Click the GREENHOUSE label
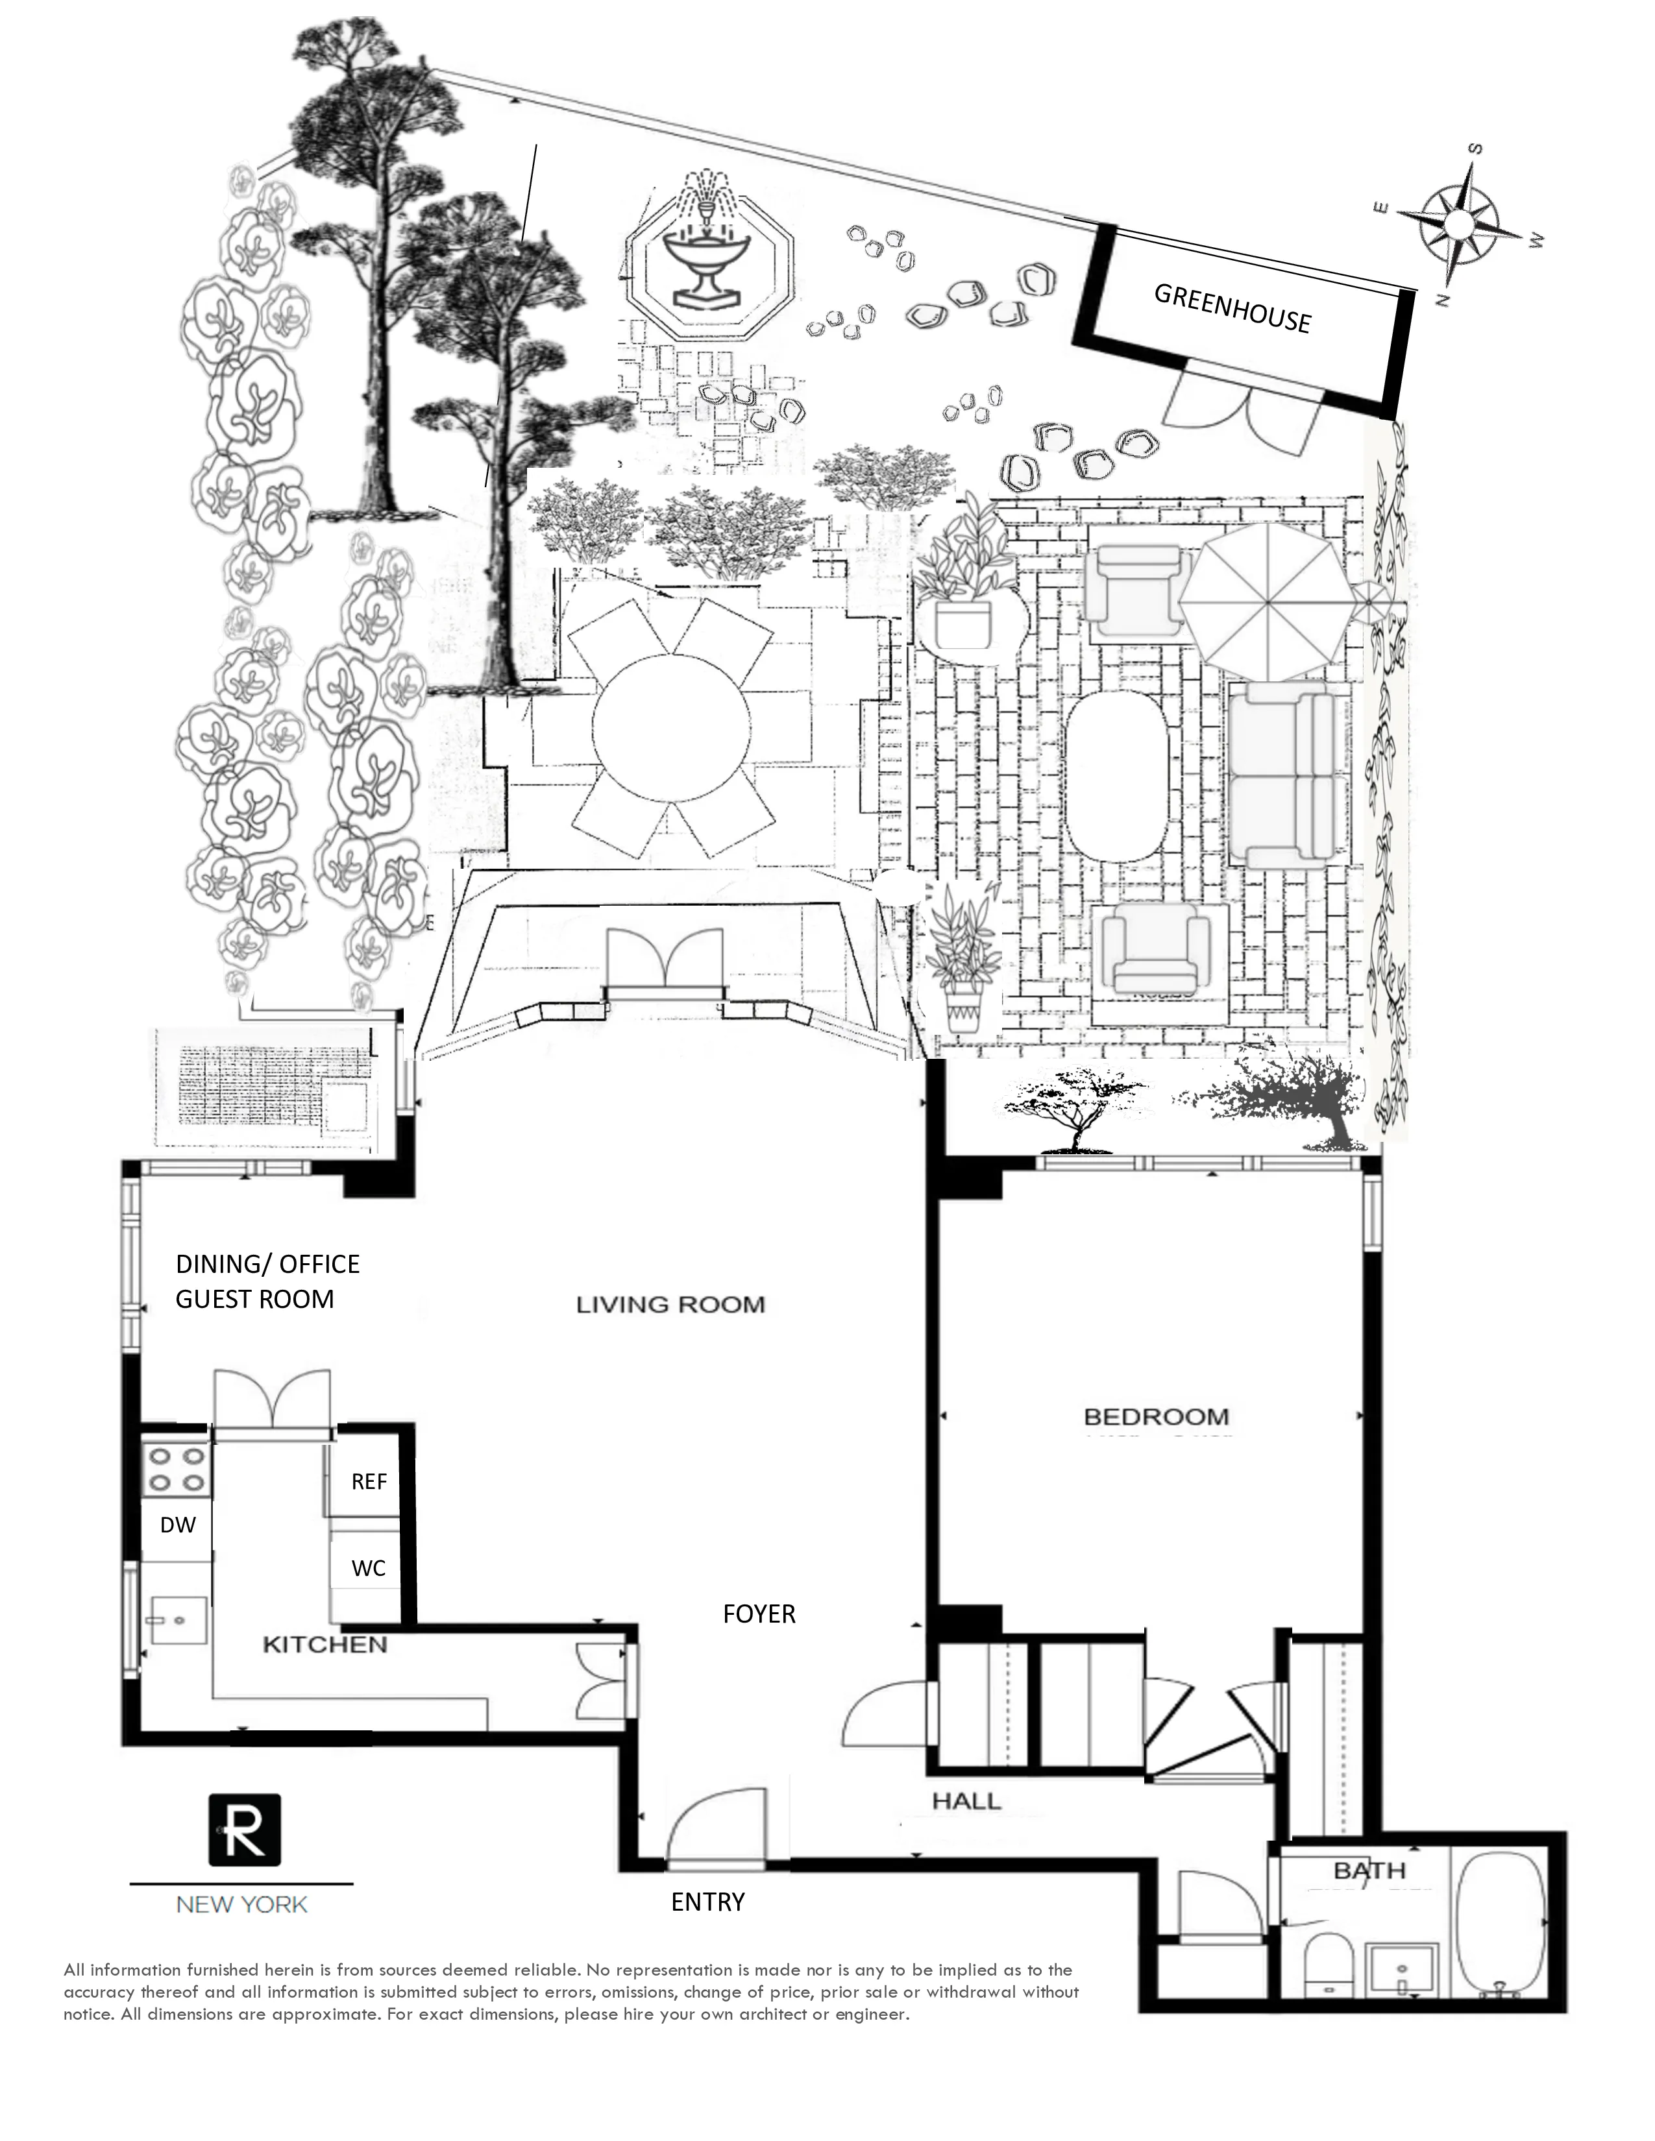click(1231, 308)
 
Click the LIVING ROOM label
click(670, 1305)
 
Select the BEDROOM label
click(1155, 1416)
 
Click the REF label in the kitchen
click(369, 1481)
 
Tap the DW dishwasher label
click(177, 1525)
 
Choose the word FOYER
click(758, 1614)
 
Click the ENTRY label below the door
click(707, 1902)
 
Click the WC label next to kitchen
click(369, 1569)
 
